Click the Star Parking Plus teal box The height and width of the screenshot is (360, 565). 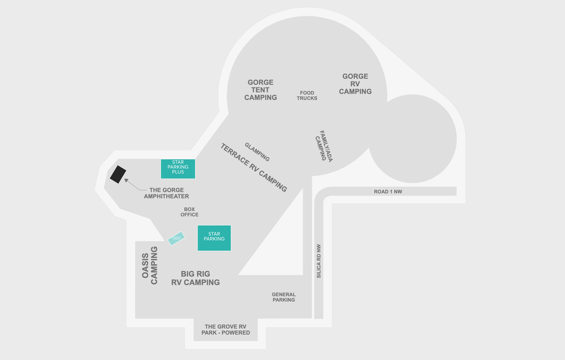click(178, 169)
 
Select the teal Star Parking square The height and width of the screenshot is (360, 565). click(214, 238)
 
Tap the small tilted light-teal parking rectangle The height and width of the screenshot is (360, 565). click(176, 238)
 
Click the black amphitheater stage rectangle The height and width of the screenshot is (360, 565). click(118, 174)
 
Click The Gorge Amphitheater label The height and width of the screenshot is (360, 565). click(166, 193)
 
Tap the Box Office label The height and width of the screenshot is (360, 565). click(189, 212)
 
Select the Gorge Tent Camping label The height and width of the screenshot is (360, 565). click(260, 90)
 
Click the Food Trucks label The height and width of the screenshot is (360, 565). click(307, 96)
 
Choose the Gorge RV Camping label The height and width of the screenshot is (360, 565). click(355, 84)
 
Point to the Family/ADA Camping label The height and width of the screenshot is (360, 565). click(323, 146)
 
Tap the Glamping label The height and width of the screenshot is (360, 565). click(257, 152)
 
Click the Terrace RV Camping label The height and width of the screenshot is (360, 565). click(254, 168)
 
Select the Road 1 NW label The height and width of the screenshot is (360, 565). click(387, 192)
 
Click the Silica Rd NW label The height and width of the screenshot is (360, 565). click(319, 261)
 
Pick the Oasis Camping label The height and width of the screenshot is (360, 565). click(150, 265)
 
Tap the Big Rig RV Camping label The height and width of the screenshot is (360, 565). click(195, 278)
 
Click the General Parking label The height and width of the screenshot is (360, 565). click(284, 297)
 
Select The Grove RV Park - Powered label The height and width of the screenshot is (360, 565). click(226, 329)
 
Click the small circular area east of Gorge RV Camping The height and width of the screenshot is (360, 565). click(413, 139)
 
